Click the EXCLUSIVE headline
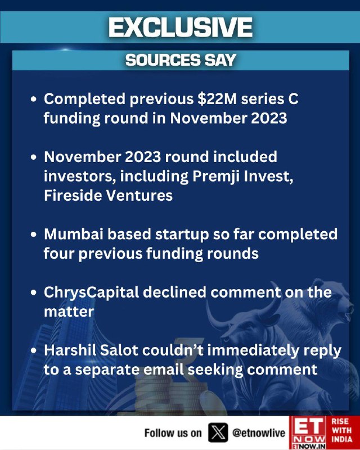181,27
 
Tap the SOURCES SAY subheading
181,60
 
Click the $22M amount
217,99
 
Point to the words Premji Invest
242,177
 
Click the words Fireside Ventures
108,196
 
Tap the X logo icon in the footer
218,433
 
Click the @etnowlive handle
259,433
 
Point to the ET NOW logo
309,433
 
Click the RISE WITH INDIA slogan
342,430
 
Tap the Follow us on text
173,433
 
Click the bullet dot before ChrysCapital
34,292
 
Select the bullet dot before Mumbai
34,234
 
